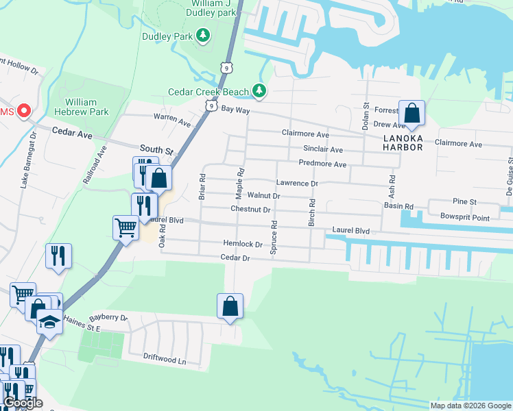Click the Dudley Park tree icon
(x=202, y=35)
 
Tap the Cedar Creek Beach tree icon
(x=259, y=90)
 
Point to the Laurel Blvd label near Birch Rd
(x=350, y=232)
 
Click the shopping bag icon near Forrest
(x=411, y=113)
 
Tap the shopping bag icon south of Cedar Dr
(x=230, y=306)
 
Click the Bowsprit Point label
(x=466, y=218)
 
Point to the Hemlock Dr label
(x=243, y=243)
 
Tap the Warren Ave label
(x=171, y=121)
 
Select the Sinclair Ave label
(x=323, y=149)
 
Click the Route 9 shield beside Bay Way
(x=212, y=106)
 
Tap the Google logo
(x=23, y=403)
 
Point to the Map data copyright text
(x=470, y=406)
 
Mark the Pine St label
(x=464, y=201)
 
